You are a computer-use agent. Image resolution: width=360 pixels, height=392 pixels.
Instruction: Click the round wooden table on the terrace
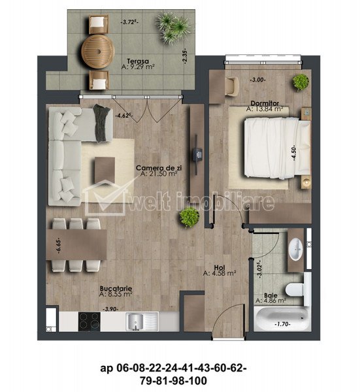pos(98,52)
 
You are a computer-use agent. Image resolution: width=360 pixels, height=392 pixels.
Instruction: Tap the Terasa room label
pos(138,61)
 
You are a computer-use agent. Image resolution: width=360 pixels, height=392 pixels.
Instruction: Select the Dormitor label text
pos(265,103)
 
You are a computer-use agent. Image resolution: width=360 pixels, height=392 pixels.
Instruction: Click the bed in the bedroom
pos(277,148)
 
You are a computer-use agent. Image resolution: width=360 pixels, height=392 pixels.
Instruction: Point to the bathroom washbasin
pos(295,249)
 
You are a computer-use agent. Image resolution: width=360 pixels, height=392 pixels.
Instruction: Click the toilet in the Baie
pos(298,289)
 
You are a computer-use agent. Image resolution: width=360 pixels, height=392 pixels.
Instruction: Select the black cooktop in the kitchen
pos(90,321)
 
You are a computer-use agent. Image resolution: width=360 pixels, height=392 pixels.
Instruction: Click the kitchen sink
pos(142,321)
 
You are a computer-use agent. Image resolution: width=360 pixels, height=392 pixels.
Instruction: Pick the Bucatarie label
pos(116,289)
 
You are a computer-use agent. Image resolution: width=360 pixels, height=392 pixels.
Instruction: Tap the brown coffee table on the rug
pos(105,170)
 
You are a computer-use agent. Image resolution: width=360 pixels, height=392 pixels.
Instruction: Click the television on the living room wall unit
pos(197,154)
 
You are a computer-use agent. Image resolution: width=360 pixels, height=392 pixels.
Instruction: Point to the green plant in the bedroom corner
pos(301,82)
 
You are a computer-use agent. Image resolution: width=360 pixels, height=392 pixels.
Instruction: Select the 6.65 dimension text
pos(59,246)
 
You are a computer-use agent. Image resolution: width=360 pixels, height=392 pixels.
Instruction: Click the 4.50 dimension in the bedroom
pos(294,152)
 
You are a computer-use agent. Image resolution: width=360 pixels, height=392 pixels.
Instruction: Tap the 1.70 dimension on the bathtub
pos(282,324)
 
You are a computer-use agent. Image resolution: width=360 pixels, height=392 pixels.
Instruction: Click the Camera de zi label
pos(159,168)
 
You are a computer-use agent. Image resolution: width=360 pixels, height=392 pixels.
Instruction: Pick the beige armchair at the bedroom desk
pos(232,86)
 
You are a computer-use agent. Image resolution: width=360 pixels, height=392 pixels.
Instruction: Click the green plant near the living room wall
pos(189,217)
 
